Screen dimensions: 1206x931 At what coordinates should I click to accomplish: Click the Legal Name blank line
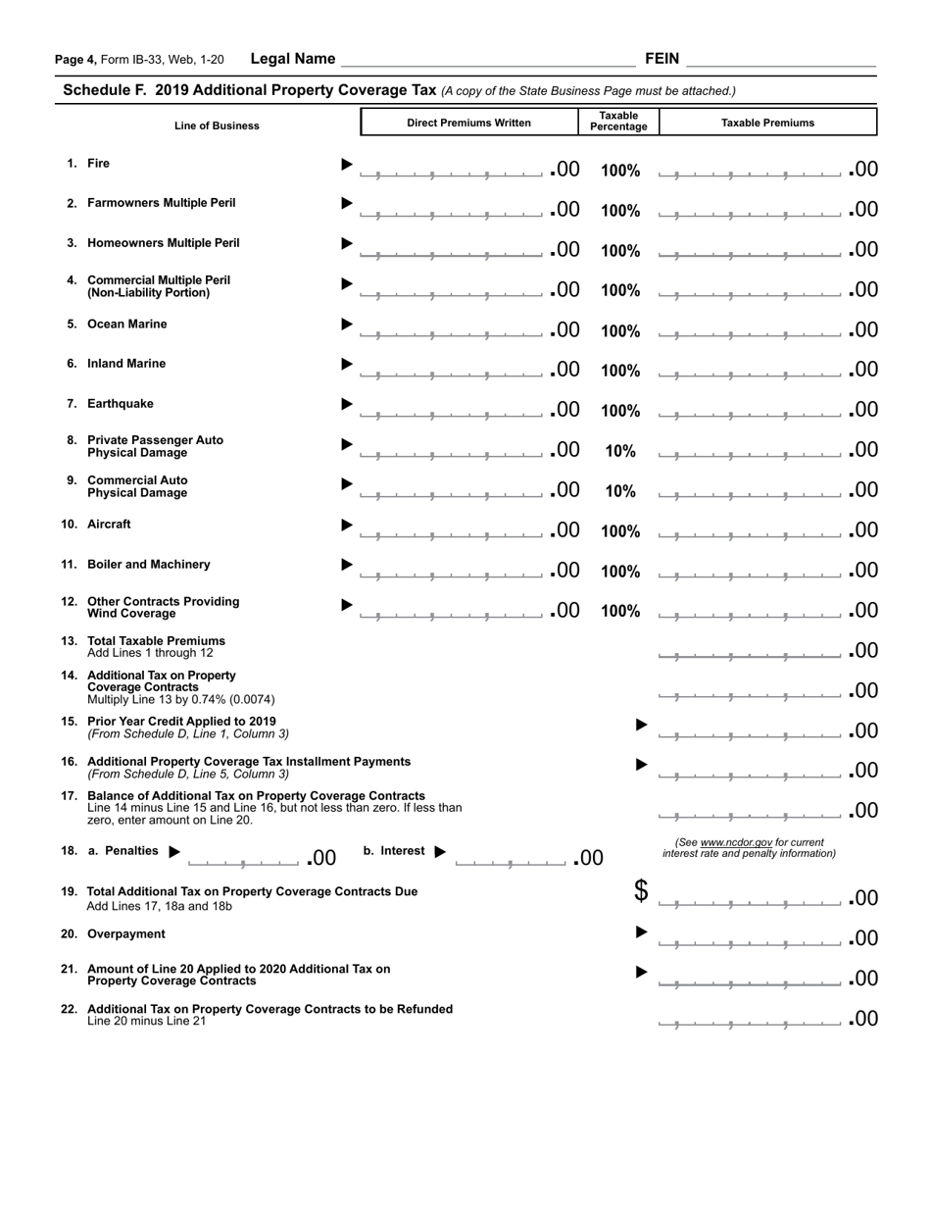pyautogui.click(x=487, y=60)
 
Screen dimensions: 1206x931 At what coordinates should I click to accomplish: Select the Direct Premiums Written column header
pyautogui.click(x=468, y=123)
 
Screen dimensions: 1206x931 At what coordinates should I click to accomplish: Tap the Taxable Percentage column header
pyautogui.click(x=618, y=122)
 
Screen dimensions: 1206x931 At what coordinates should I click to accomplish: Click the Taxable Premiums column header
pyautogui.click(x=767, y=123)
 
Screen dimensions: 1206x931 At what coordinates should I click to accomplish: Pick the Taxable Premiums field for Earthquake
pyautogui.click(x=750, y=411)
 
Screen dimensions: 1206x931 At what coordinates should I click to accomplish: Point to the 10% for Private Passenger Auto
pyautogui.click(x=619, y=451)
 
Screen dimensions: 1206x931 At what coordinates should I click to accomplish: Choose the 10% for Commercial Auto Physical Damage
pyautogui.click(x=619, y=491)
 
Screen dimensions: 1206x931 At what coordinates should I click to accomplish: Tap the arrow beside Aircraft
pyautogui.click(x=346, y=526)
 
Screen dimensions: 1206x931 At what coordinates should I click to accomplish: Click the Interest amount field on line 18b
pyautogui.click(x=511, y=860)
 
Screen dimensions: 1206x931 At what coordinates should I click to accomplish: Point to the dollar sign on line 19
pyautogui.click(x=641, y=891)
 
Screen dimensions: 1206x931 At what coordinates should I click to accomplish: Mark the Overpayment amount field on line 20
pyautogui.click(x=750, y=940)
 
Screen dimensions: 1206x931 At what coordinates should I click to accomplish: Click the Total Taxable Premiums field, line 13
pyautogui.click(x=750, y=652)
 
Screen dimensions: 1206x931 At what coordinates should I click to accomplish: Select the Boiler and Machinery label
pyautogui.click(x=148, y=565)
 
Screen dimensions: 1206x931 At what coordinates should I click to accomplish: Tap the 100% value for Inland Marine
pyautogui.click(x=619, y=371)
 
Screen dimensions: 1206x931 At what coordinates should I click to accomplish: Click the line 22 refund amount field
pyautogui.click(x=750, y=1021)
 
